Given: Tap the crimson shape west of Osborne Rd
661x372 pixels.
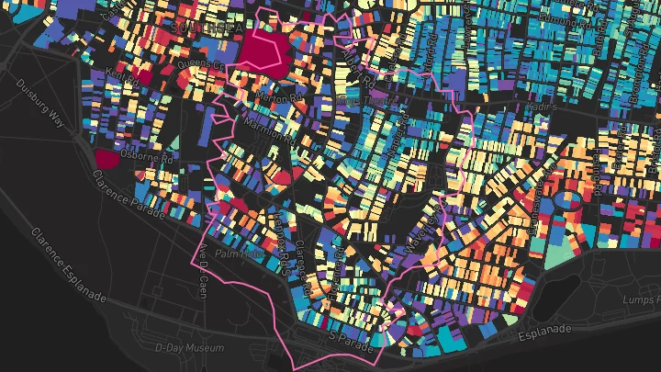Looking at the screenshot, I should point(106,159).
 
